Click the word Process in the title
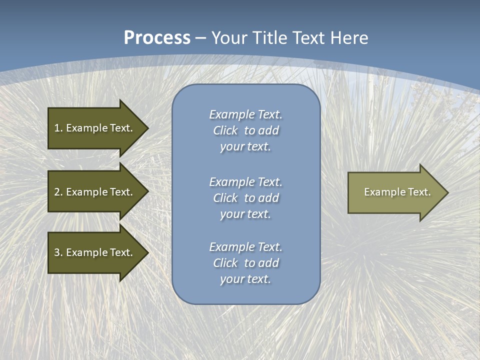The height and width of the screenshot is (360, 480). pos(157,38)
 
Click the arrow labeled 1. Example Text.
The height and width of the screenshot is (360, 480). pos(95,128)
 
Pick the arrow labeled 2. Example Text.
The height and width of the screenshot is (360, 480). pos(95,192)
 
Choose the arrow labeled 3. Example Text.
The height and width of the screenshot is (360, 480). pos(95,252)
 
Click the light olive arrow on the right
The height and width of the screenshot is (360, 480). pos(395,192)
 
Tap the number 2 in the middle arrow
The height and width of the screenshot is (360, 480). pos(57,192)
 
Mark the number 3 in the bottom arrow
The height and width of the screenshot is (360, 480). pos(57,252)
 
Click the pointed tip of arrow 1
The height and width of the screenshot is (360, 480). pos(146,128)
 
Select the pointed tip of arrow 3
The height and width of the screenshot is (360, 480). pos(146,252)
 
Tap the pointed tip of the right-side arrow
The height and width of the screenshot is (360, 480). pos(446,192)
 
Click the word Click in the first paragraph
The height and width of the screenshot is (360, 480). pos(225,130)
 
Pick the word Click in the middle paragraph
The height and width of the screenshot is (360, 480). pos(225,198)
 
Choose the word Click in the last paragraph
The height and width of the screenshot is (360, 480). pos(225,263)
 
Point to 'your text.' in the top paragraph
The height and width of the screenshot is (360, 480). pos(245,146)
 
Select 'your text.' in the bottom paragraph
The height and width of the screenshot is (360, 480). pos(245,279)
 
